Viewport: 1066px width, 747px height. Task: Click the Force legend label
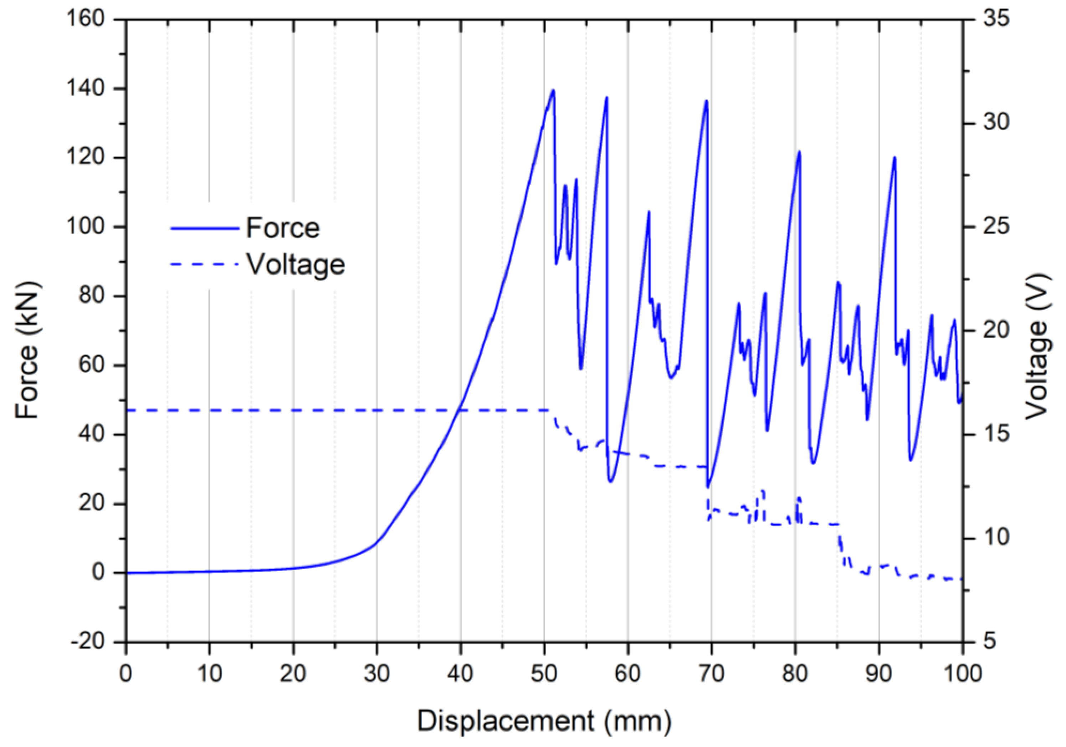pos(283,228)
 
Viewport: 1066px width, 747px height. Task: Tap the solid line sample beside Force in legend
pos(204,228)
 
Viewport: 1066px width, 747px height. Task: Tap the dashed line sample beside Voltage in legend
pos(204,264)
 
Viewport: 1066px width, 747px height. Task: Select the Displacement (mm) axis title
pos(544,721)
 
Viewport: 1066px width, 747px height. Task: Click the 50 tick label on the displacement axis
pos(544,673)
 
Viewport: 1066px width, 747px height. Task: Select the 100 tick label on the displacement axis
pos(962,673)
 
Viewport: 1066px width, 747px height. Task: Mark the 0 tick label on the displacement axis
pos(126,673)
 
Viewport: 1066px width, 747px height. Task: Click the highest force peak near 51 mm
pos(553,91)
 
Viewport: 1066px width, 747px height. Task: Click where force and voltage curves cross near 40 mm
pos(459,410)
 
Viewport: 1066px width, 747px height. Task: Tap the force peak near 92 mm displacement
pos(895,157)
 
